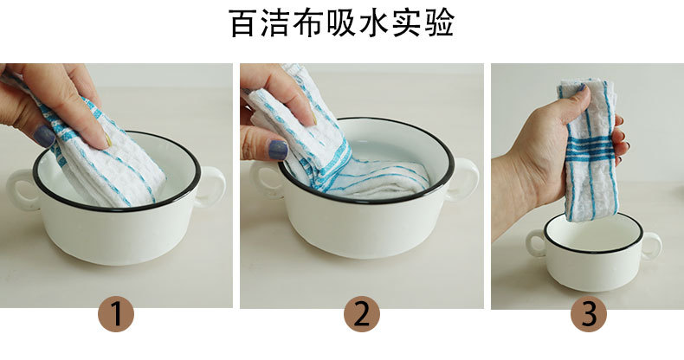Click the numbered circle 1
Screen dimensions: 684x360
pyautogui.click(x=116, y=314)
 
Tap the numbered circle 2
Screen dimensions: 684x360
pyautogui.click(x=362, y=314)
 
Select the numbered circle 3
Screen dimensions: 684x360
pyautogui.click(x=589, y=314)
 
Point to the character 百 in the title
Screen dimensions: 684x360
pyautogui.click(x=244, y=22)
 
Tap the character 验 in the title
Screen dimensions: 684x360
pyautogui.click(x=439, y=22)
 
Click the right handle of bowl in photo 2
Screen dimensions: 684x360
pyautogui.click(x=463, y=178)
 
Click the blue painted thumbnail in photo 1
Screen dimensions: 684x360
pyautogui.click(x=44, y=136)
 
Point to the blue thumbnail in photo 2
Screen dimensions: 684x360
pyautogui.click(x=278, y=150)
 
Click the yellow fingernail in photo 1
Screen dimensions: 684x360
pyautogui.click(x=107, y=140)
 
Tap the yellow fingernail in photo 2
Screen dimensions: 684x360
pyautogui.click(x=313, y=118)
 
